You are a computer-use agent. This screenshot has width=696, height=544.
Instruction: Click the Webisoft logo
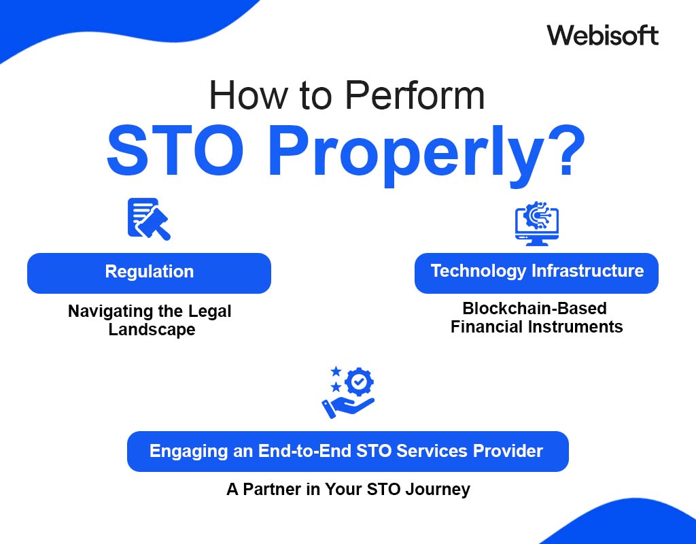(x=602, y=35)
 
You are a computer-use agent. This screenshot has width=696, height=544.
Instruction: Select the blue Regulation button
(x=149, y=273)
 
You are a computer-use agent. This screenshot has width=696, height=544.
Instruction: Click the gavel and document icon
(x=148, y=218)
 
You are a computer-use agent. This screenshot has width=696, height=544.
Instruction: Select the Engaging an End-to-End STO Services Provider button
(x=347, y=451)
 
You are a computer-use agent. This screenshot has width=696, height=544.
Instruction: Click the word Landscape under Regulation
(x=152, y=330)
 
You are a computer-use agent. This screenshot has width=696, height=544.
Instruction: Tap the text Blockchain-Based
(x=535, y=309)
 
